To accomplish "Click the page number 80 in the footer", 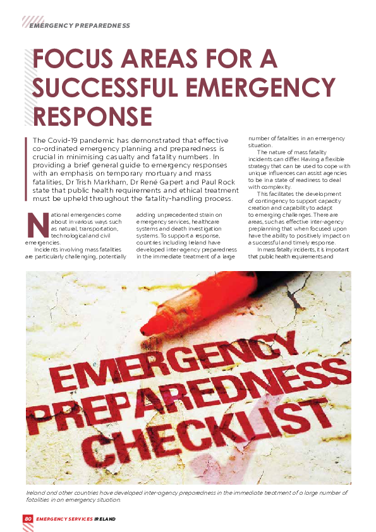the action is pos(28,519).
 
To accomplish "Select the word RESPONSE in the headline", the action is pos(92,117).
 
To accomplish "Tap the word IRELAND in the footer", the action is pos(105,519).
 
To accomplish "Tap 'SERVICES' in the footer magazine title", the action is pos(78,519).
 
